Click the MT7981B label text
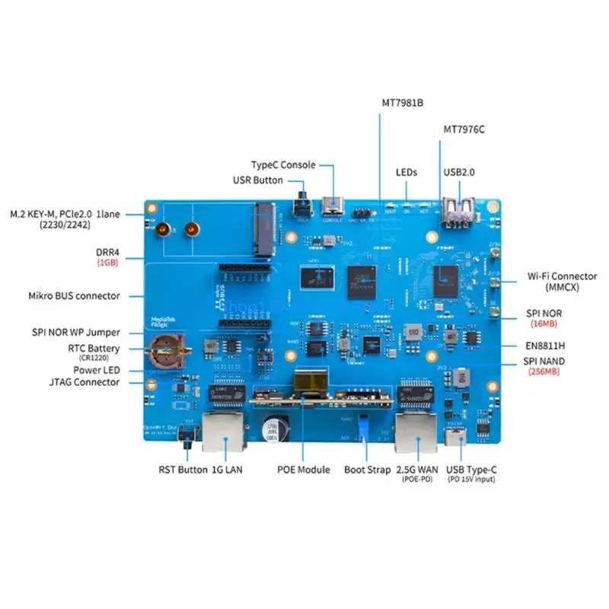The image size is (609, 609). (x=402, y=102)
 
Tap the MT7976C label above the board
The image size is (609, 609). (x=464, y=129)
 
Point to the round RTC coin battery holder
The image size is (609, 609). (x=166, y=349)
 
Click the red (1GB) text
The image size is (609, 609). (x=107, y=262)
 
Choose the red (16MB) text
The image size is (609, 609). (x=544, y=324)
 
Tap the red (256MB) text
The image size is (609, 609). (x=544, y=371)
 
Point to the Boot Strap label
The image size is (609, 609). (x=367, y=470)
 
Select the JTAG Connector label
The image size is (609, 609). (x=84, y=382)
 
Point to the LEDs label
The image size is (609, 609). (x=407, y=173)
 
